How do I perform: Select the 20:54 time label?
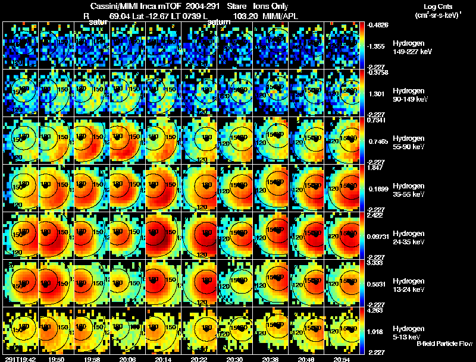click(342, 359)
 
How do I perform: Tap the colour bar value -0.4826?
click(378, 25)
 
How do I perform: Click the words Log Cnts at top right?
click(434, 5)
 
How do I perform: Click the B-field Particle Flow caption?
click(444, 344)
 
